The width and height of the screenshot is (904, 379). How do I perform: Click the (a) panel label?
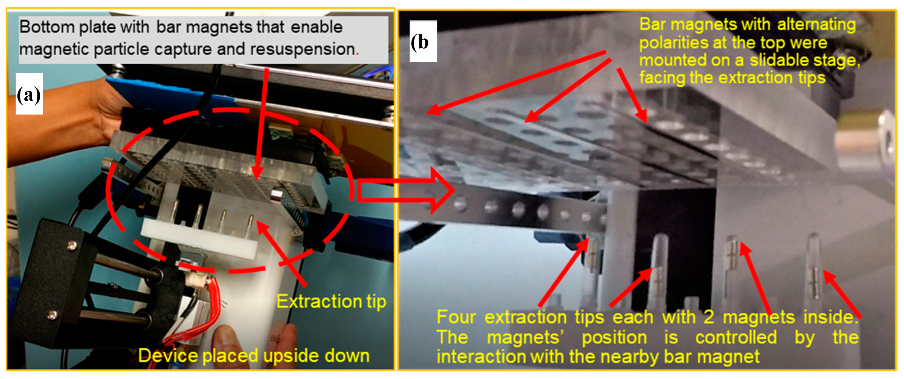pos(29,94)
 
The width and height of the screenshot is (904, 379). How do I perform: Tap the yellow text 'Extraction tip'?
pos(331,301)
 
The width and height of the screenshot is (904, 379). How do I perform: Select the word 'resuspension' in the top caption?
pos(302,49)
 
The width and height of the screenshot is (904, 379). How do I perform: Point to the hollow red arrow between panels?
pos(405,191)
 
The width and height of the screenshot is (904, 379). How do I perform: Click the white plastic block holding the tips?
pos(199,238)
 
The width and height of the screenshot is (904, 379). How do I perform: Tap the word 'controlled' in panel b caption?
pos(736,337)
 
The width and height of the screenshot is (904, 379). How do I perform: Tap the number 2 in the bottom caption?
pos(708,317)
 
